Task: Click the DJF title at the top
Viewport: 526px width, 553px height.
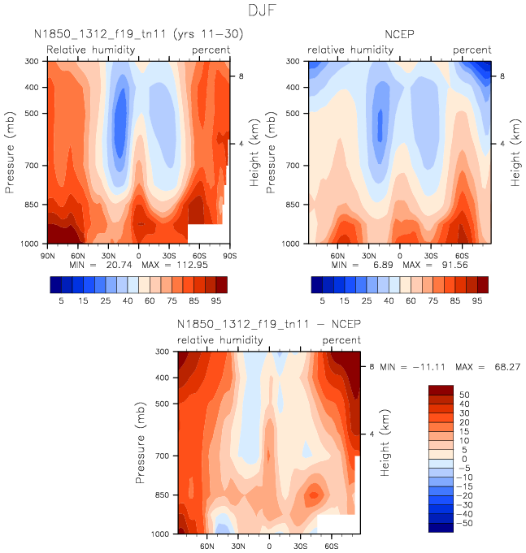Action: click(263, 11)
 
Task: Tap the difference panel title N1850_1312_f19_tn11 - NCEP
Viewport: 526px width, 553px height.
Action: click(269, 325)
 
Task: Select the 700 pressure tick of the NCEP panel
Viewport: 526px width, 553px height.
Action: click(293, 166)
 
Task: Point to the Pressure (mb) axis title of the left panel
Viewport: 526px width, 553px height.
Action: click(11, 153)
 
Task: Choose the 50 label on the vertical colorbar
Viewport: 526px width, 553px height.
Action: click(463, 393)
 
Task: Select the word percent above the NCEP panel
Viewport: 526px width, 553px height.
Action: click(472, 50)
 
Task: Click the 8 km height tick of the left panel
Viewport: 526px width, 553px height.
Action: click(239, 76)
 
